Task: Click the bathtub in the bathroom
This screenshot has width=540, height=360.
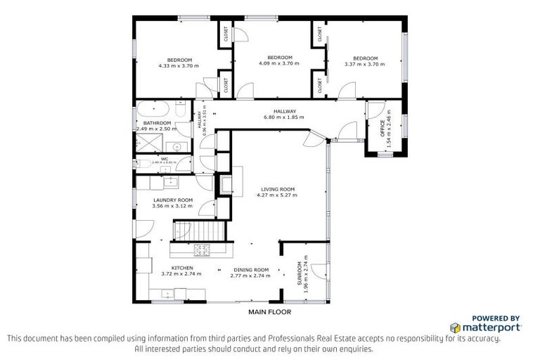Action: (151, 110)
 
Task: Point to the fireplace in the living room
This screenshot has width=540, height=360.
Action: (227, 184)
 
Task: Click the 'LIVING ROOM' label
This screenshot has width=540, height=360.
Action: (278, 188)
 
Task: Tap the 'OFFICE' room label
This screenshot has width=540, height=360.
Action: (382, 132)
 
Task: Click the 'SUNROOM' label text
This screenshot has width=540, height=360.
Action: (299, 273)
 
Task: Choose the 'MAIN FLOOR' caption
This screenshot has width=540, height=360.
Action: (269, 311)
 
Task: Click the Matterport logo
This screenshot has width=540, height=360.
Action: (486, 326)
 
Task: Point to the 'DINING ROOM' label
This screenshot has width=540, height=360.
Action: (250, 270)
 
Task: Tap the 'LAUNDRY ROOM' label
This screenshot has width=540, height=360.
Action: (173, 200)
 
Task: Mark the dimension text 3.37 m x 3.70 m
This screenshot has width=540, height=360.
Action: (366, 64)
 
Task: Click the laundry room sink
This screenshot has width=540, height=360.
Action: (171, 182)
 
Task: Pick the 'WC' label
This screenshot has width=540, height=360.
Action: (164, 159)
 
